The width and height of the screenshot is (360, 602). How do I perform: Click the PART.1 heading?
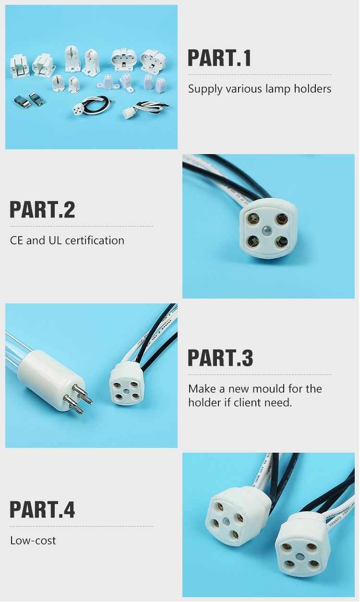pos(219,58)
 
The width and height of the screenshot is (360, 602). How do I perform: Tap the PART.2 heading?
pos(42,210)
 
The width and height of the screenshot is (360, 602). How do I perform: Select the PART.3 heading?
pos(220,358)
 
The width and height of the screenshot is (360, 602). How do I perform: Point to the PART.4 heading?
pos(42,510)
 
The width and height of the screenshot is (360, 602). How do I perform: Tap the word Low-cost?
pos(33,541)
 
